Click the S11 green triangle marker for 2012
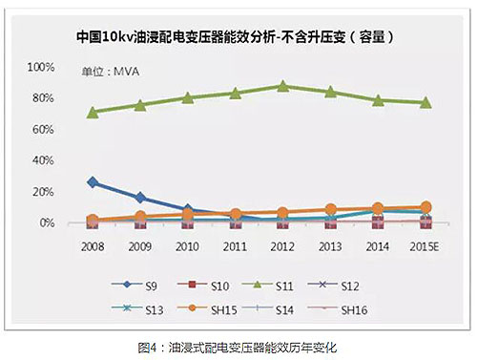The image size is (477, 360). pos(282,86)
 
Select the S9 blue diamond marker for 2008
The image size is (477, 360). pos(93,181)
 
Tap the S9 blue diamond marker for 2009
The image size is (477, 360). pos(140,198)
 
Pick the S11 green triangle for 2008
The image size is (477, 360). pos(93,112)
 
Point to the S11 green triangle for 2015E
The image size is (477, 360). pos(425,102)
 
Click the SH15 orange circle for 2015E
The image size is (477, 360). pos(425,207)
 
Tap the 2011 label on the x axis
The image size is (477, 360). pos(235,245)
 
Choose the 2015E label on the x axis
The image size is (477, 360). pos(425,245)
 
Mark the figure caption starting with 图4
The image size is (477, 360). pos(238,346)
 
